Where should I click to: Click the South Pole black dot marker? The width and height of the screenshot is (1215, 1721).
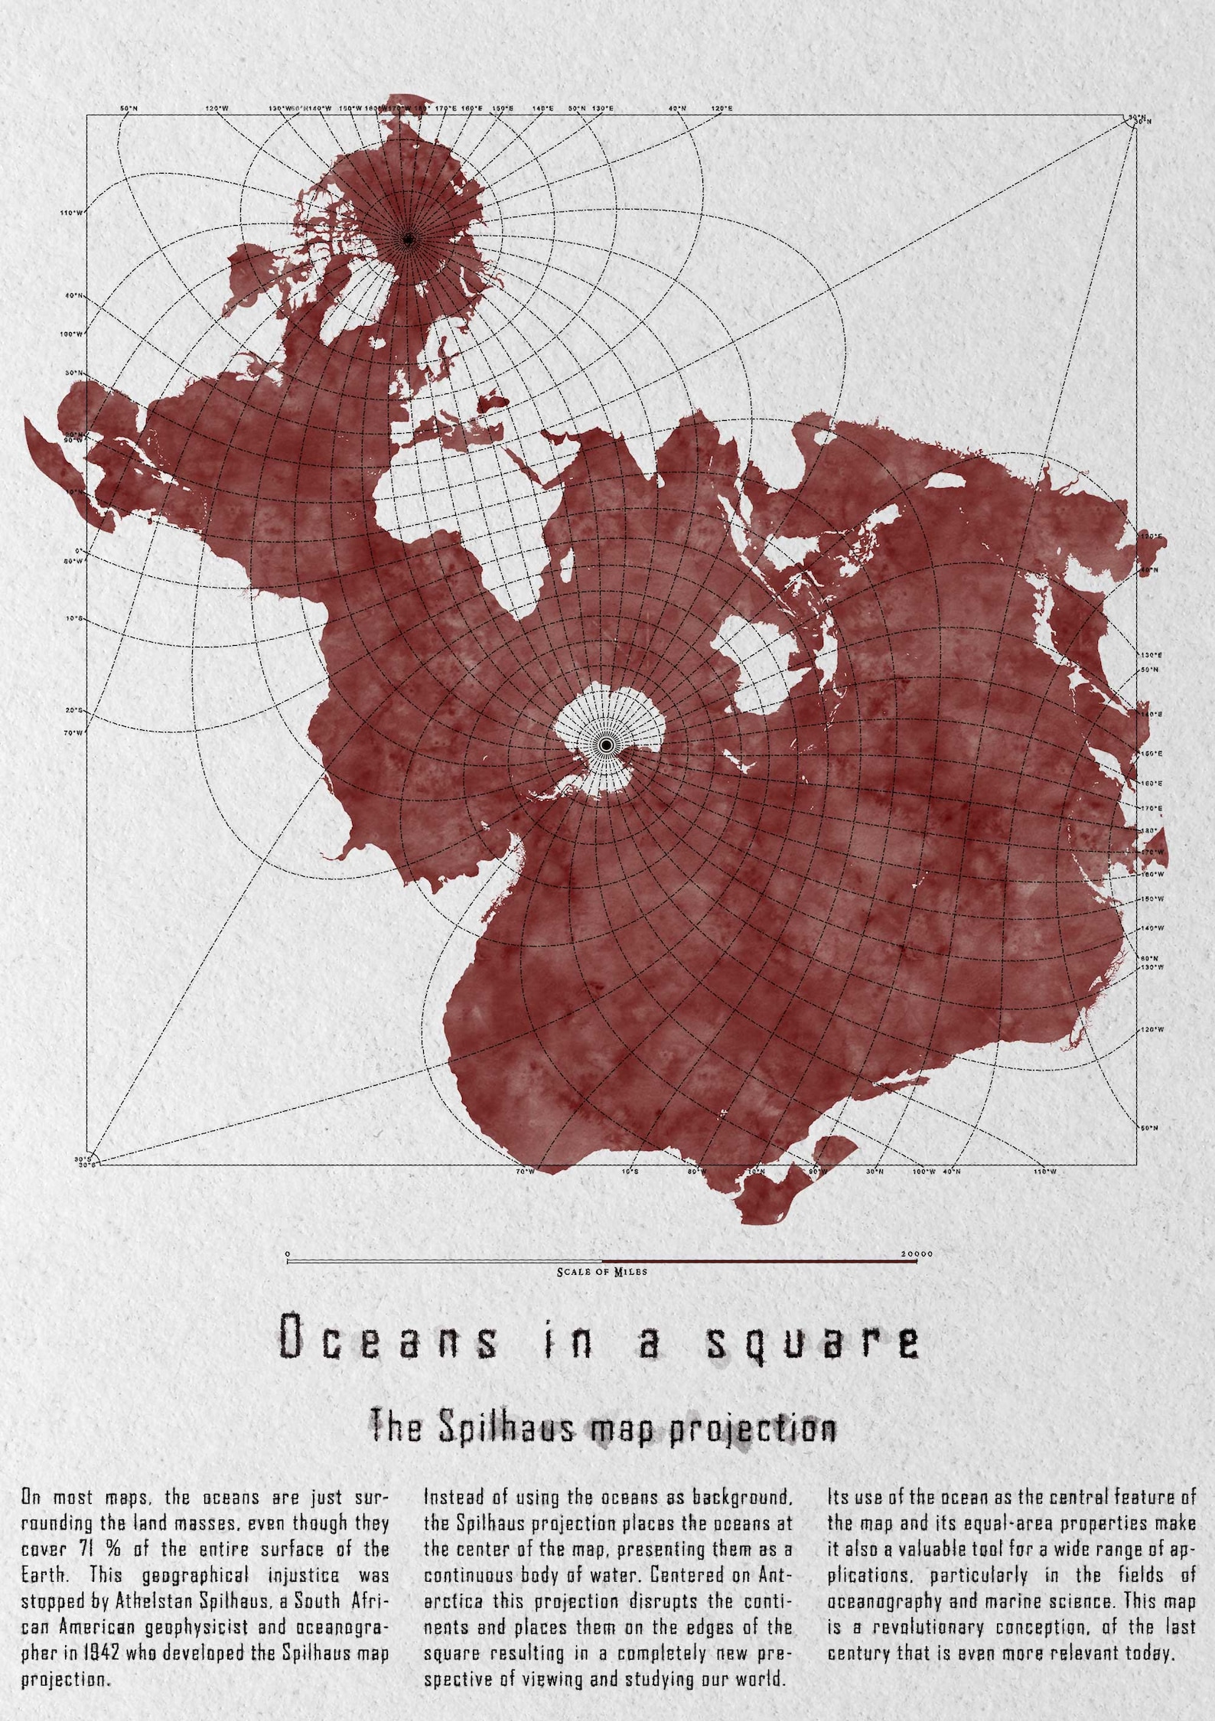click(606, 744)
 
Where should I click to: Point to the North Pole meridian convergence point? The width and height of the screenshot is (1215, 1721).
click(408, 241)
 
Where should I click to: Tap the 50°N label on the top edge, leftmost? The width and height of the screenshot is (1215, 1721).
click(129, 109)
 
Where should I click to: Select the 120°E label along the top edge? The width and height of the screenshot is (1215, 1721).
click(722, 109)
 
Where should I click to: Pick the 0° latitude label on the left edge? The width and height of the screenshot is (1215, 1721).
click(77, 551)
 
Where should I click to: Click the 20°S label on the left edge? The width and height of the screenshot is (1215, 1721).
click(73, 710)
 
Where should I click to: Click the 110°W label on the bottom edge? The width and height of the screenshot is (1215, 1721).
click(1046, 1172)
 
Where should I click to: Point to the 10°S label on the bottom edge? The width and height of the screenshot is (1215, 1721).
click(630, 1172)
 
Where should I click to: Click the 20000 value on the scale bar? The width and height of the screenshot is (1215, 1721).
click(916, 1254)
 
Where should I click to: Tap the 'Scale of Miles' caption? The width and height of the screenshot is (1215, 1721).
click(602, 1272)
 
